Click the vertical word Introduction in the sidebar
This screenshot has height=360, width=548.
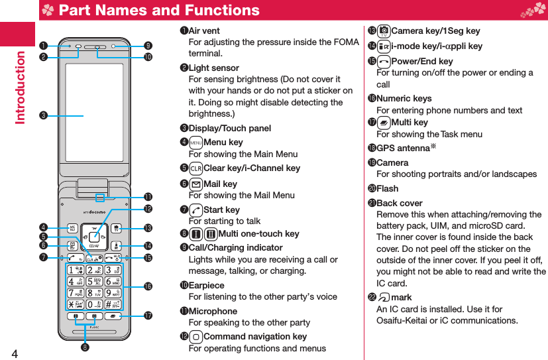pyautogui.click(x=20, y=86)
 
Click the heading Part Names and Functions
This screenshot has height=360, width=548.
pyautogui.click(x=159, y=11)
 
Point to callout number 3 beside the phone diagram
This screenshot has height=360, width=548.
pyautogui.click(x=42, y=116)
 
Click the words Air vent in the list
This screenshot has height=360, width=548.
pyautogui.click(x=204, y=31)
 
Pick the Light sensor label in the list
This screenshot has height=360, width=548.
pyautogui.click(x=214, y=68)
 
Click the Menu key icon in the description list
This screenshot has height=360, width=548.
pyautogui.click(x=195, y=143)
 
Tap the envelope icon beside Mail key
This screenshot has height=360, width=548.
pyautogui.click(x=195, y=184)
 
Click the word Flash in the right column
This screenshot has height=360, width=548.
pyautogui.click(x=388, y=189)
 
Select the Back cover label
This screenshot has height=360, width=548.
pyautogui.click(x=399, y=204)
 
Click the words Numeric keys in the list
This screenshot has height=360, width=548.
pyautogui.click(x=404, y=99)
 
